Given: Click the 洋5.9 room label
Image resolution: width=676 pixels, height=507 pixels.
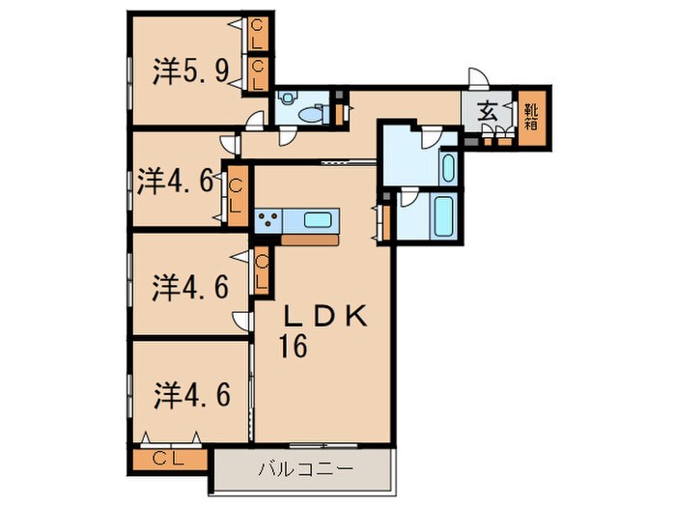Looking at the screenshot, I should click(x=190, y=71).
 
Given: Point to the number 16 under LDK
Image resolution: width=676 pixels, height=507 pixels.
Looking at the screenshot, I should click(x=296, y=347).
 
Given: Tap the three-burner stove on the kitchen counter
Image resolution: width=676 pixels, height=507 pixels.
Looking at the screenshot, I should click(x=268, y=218).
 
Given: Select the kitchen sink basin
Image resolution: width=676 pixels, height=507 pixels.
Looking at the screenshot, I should click(x=318, y=219).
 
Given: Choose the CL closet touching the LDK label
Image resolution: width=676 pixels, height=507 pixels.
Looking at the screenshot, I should click(x=262, y=269).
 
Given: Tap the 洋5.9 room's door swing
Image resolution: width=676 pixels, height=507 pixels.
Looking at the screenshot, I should click(x=253, y=119).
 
